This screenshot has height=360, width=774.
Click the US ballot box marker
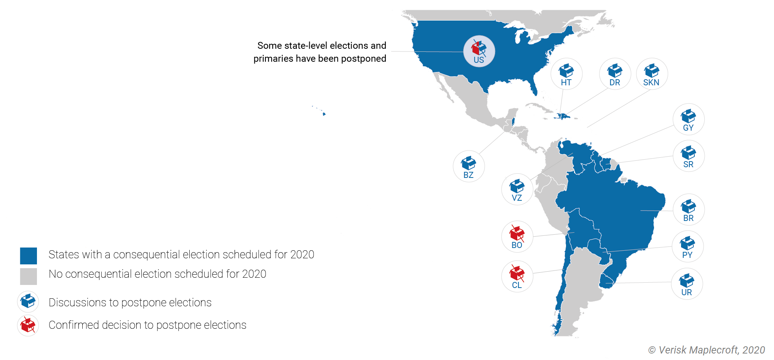click(479, 51)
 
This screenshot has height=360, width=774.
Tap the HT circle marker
click(566, 74)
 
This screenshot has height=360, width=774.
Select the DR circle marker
click(615, 74)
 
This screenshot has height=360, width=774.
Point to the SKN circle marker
click(652, 74)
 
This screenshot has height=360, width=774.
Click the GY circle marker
click(688, 119)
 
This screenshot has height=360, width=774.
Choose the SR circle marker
click(688, 156)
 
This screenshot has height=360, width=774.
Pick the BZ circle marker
click(469, 166)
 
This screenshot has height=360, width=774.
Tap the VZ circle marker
click(517, 189)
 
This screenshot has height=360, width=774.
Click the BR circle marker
click(688, 210)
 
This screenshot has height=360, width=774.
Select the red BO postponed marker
click(517, 237)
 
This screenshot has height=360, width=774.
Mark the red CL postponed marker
click(517, 277)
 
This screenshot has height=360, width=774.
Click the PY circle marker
click(688, 246)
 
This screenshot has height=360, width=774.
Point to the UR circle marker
click(687, 284)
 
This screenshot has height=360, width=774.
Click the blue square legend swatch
click(29, 256)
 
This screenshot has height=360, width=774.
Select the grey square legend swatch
click(29, 277)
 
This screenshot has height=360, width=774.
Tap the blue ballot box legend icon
click(28, 301)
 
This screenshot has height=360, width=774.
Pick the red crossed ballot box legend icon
click(28, 325)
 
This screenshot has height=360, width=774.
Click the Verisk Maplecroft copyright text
click(706, 350)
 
